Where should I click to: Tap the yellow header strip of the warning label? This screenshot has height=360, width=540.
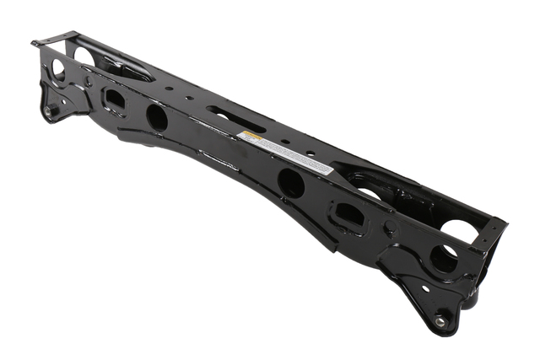coord(251,137)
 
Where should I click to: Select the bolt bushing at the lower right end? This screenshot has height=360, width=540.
coord(440,320)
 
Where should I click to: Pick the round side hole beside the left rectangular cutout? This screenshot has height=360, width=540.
coord(157,116)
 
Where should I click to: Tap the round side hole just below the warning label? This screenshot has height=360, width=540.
coord(290,182)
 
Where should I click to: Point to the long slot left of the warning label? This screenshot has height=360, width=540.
coord(223,112)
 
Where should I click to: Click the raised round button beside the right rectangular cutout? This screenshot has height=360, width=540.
coord(389,228)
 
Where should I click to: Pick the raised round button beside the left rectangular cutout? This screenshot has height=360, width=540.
coord(88,82)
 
